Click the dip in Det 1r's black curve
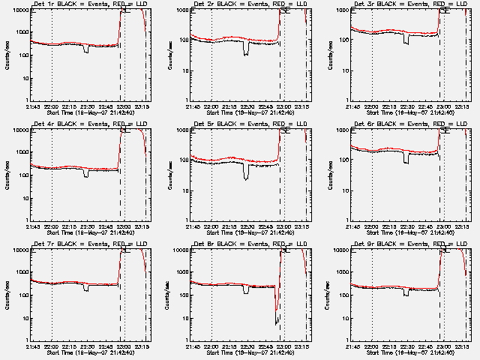tap(86, 49)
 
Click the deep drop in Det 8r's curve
tap(277, 319)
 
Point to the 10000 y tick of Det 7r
tap(20, 250)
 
